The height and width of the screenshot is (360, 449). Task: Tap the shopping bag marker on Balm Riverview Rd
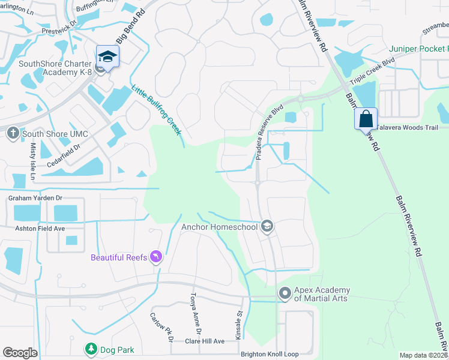[366, 119]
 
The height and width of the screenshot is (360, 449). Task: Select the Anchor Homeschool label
[219, 227]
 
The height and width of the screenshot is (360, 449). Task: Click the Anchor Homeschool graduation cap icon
[268, 226]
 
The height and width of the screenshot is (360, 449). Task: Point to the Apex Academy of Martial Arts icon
[285, 293]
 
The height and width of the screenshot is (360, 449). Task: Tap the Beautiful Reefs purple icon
[156, 257]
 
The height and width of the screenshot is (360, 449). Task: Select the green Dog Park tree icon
[91, 349]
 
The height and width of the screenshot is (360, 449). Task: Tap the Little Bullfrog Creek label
[156, 110]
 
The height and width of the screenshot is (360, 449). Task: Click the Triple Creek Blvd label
[373, 71]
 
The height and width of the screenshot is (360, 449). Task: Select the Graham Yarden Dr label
[35, 197]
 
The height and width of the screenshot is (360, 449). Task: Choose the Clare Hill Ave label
[204, 341]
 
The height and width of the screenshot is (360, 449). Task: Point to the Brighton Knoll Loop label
[270, 354]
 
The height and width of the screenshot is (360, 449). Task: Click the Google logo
[20, 353]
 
